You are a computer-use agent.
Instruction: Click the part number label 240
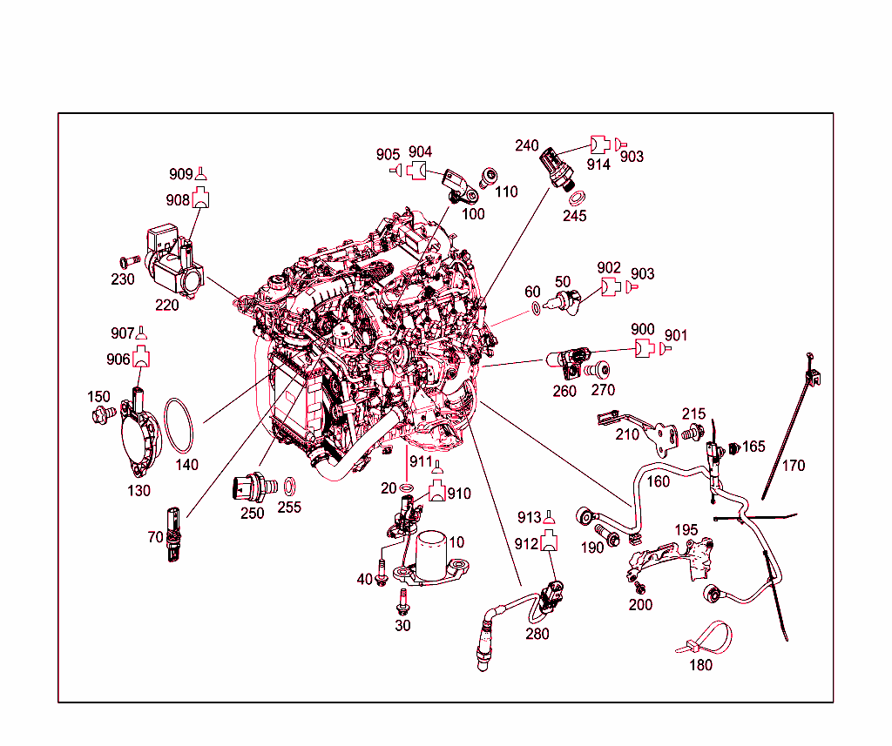(x=526, y=145)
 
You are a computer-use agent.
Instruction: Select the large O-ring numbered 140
(x=179, y=427)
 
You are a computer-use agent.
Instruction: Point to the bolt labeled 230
(x=130, y=261)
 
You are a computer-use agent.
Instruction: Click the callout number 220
(x=166, y=306)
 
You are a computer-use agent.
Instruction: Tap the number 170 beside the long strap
(x=793, y=466)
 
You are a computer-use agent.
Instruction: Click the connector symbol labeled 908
(x=200, y=198)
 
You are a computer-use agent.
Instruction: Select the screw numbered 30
(x=403, y=602)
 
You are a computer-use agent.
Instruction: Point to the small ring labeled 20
(x=406, y=487)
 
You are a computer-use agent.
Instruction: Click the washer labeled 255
(x=289, y=487)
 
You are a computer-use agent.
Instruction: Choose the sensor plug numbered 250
(x=253, y=487)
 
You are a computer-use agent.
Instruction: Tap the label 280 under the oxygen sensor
(x=537, y=634)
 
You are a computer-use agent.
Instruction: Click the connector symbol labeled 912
(x=549, y=541)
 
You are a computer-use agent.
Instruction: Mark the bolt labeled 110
(x=488, y=178)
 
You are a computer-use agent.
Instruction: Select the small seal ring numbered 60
(x=536, y=308)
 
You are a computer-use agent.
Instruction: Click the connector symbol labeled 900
(x=645, y=348)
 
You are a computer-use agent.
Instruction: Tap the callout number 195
(x=686, y=530)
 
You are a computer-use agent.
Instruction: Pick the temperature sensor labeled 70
(x=173, y=534)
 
